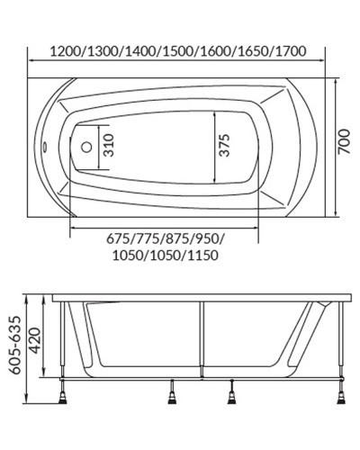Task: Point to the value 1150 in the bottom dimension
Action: [x=201, y=256]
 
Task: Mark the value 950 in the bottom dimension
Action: [x=206, y=238]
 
